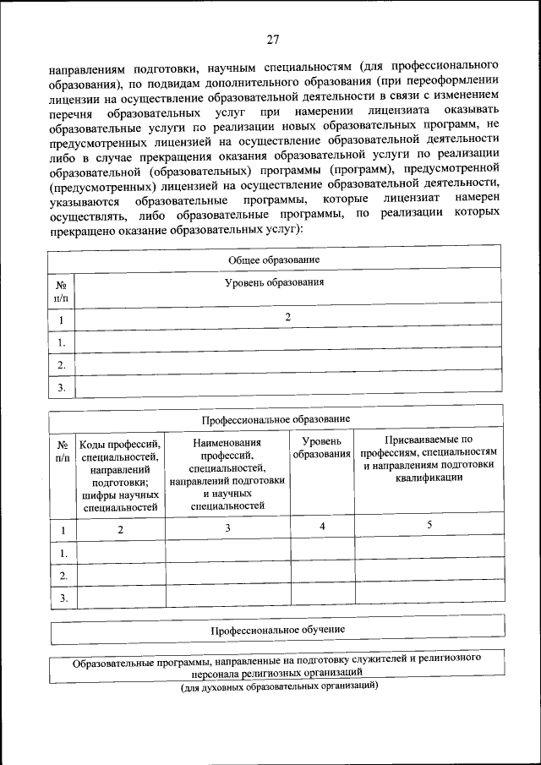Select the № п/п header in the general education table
62,292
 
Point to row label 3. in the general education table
62,388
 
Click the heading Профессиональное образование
275,418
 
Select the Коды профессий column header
120,474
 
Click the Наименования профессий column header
227,474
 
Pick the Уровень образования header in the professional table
321,448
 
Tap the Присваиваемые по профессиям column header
428,458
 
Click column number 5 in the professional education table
429,526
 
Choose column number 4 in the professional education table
321,526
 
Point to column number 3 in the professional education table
227,527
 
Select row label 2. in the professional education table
62,576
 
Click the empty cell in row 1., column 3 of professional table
227,553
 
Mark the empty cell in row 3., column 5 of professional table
429,598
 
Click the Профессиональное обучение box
277,631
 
